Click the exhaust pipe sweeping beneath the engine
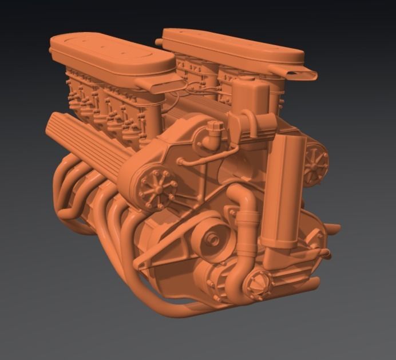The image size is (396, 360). (x=172, y=303)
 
